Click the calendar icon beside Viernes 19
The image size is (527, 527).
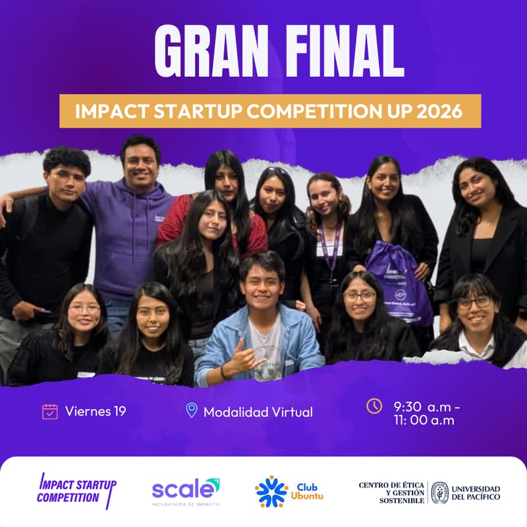(50, 412)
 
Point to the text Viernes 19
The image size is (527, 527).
(96, 412)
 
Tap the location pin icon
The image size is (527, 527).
(192, 411)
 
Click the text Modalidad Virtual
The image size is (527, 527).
(258, 412)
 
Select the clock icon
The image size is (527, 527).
(374, 406)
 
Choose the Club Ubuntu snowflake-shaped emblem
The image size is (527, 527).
(271, 491)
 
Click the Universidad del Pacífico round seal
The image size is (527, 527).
(439, 492)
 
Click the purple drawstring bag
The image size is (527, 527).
(399, 283)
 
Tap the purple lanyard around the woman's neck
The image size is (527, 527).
(329, 250)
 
